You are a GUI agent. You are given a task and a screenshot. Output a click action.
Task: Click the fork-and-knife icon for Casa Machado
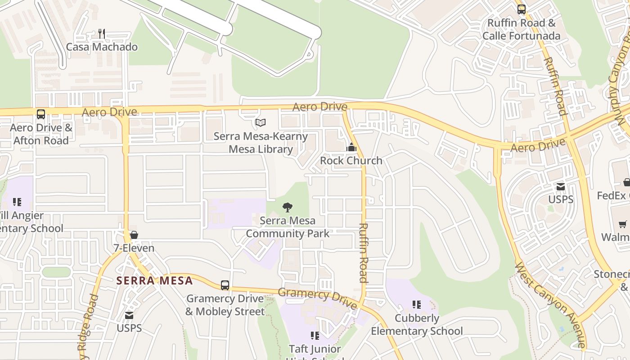[102, 34]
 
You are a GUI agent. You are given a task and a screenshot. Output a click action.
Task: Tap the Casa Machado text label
[102, 47]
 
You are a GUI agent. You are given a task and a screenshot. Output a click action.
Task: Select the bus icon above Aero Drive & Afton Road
[41, 114]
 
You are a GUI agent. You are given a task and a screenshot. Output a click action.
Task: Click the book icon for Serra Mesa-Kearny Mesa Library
[261, 122]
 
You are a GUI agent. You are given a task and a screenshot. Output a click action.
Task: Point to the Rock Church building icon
[351, 147]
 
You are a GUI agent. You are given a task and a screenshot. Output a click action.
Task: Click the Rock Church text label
[351, 161]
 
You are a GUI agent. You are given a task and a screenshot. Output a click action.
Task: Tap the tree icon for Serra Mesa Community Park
[288, 207]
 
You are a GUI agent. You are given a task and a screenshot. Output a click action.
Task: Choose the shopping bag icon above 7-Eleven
[134, 235]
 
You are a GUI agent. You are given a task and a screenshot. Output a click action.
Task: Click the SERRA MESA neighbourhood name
[154, 281]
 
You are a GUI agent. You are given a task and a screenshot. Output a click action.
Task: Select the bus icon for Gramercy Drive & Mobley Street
[225, 285]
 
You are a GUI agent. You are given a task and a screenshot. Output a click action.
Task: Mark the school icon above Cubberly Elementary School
[417, 305]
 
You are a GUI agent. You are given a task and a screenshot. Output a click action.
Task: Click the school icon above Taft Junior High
[315, 335]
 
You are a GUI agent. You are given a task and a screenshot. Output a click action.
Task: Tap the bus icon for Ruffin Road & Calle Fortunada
[522, 9]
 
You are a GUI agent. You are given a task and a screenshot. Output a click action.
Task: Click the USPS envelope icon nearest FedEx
[561, 186]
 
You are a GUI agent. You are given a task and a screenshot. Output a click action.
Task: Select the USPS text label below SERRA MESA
[129, 328]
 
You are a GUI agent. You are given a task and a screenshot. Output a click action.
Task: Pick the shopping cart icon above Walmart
[623, 224]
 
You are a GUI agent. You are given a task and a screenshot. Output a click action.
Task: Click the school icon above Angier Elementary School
[17, 202]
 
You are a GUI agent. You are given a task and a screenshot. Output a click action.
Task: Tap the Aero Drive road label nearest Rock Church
[319, 107]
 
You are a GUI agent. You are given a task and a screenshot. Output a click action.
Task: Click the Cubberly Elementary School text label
[417, 324]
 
